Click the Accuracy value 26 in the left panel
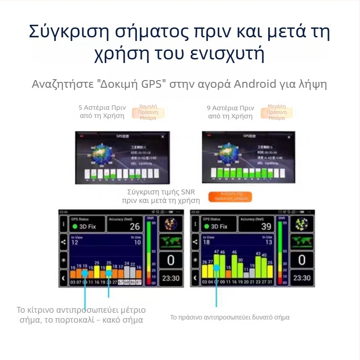point(135,226)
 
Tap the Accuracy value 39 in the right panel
point(266,226)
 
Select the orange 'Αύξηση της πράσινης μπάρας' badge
point(230,197)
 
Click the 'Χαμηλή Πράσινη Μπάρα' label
point(148,113)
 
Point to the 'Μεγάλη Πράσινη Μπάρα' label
point(276,113)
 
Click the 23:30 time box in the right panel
point(302,278)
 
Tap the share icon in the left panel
point(63,242)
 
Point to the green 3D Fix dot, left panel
point(75,227)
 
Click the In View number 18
point(207,243)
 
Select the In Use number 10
point(137,243)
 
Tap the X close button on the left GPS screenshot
point(162,136)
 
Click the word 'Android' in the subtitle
point(256,84)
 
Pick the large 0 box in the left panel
point(171,260)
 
